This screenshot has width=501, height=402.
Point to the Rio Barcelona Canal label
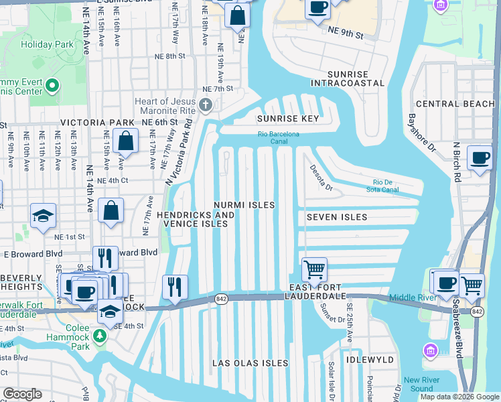point(279,137)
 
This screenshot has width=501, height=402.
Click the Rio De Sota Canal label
point(395,185)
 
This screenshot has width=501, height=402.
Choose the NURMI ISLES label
point(244,204)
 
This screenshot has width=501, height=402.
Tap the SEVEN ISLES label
point(337,217)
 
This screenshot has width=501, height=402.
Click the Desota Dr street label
point(319,178)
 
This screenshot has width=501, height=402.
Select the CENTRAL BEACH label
point(455,104)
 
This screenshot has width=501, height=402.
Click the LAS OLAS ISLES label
point(250,363)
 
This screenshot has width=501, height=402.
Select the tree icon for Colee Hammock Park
point(100,334)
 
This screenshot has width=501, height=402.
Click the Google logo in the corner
point(22,393)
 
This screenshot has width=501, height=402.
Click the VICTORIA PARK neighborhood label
point(98,123)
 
